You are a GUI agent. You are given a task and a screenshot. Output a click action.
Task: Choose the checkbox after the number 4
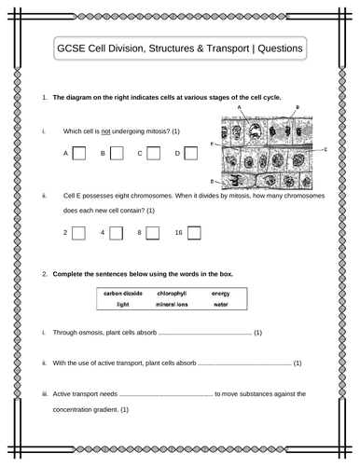(118, 232)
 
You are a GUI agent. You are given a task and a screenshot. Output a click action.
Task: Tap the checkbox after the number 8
(155, 232)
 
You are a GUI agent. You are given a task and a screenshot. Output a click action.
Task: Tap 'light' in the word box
(122, 305)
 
